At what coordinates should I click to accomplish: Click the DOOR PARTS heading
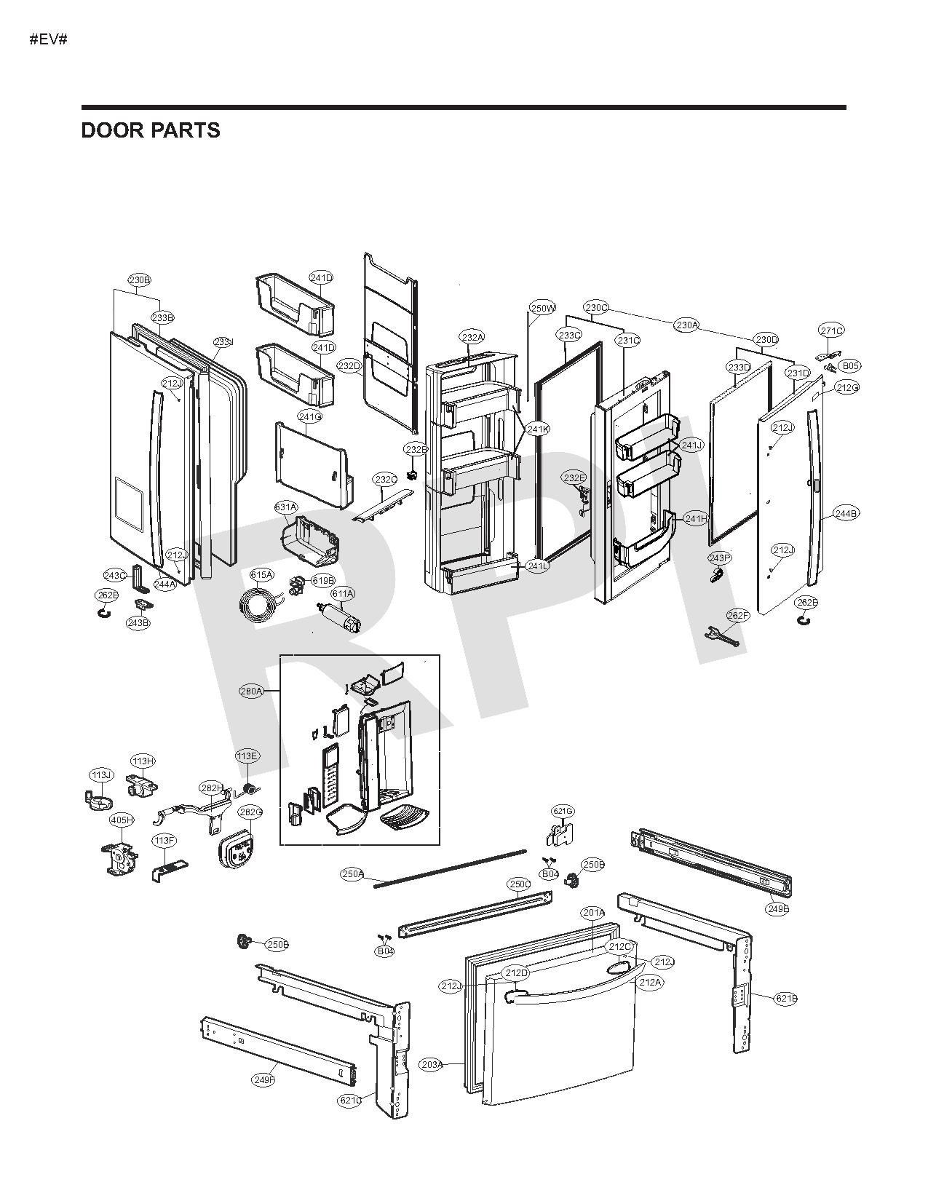[x=151, y=130]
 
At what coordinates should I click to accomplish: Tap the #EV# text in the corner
[x=49, y=39]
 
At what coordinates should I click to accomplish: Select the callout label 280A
[x=251, y=691]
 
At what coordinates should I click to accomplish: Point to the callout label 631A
[x=286, y=507]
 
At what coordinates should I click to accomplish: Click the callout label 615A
[x=261, y=574]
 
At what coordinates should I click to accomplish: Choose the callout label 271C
[x=831, y=330]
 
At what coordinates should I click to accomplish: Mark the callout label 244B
[x=846, y=514]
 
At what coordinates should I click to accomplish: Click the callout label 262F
[x=737, y=616]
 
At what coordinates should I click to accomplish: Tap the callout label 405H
[x=122, y=820]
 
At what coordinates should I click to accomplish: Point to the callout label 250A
[x=352, y=873]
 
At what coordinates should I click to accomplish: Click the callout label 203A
[x=431, y=1064]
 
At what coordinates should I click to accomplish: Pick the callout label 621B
[x=785, y=999]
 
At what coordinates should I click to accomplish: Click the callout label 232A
[x=472, y=337]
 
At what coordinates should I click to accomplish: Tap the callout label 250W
[x=542, y=308]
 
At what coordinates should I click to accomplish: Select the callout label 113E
[x=247, y=756]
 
